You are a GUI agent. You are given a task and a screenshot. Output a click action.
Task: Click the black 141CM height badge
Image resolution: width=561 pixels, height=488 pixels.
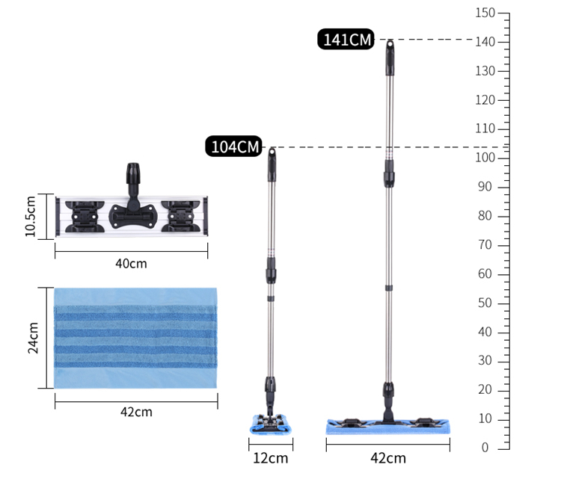(346, 39)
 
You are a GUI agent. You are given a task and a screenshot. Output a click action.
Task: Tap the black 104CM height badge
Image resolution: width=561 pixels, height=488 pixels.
(234, 146)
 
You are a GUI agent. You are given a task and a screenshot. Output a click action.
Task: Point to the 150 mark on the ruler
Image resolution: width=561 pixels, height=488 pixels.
(485, 13)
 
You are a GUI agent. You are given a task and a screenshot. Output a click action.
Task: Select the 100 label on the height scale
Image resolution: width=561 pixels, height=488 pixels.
(485, 157)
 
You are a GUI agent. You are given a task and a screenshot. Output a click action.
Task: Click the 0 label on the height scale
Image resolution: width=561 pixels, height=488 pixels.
(485, 447)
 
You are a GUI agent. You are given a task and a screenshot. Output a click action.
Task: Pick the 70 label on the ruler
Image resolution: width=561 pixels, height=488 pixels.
(485, 245)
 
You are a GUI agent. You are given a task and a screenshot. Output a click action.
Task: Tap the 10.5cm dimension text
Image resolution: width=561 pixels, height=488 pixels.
(31, 216)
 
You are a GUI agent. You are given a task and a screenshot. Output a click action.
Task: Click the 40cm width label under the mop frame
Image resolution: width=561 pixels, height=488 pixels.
(131, 264)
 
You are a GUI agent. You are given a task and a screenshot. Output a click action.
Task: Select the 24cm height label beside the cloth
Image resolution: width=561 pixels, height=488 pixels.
(33, 338)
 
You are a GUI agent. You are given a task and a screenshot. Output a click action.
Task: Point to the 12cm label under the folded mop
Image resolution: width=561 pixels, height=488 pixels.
(271, 458)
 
